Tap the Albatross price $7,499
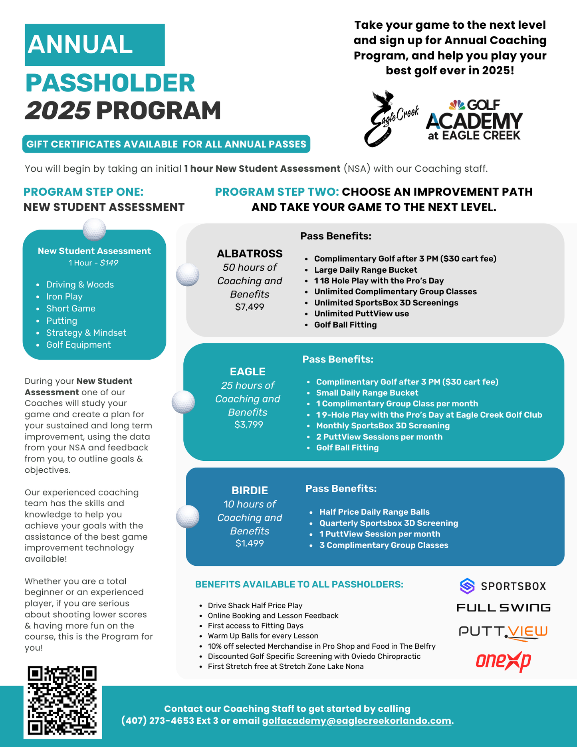tap(250, 307)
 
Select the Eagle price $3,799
tap(248, 424)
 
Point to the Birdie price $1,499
tap(250, 543)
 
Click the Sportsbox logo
tap(503, 586)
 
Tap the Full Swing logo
tap(503, 608)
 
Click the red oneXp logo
tap(503, 661)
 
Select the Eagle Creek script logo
tap(391, 119)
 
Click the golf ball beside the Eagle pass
tap(183, 402)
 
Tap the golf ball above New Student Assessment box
tap(94, 230)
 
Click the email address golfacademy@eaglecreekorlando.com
tap(357, 721)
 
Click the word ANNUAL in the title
tap(80, 44)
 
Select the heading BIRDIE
tap(250, 490)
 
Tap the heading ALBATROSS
tap(250, 254)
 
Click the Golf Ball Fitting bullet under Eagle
tap(347, 448)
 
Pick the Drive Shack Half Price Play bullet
tap(255, 605)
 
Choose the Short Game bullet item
tap(71, 309)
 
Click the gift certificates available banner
tap(166, 144)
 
